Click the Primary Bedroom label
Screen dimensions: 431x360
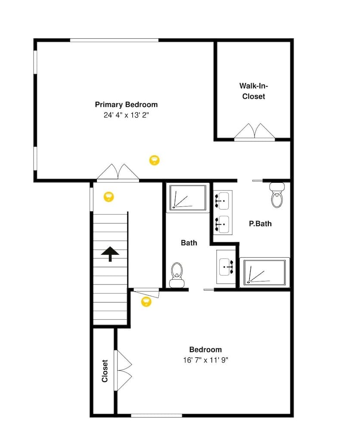126,105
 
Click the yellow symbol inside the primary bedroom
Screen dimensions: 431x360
154,160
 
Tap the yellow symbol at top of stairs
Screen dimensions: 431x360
109,197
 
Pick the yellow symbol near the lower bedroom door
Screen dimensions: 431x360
146,301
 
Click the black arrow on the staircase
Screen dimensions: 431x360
110,253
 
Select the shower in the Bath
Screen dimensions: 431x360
187,198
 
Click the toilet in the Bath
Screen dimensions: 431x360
177,275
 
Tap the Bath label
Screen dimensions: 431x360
189,243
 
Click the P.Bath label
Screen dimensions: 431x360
261,224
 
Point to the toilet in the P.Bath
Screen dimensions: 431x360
277,195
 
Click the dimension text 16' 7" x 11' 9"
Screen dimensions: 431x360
206,360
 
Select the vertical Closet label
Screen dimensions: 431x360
105,371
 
